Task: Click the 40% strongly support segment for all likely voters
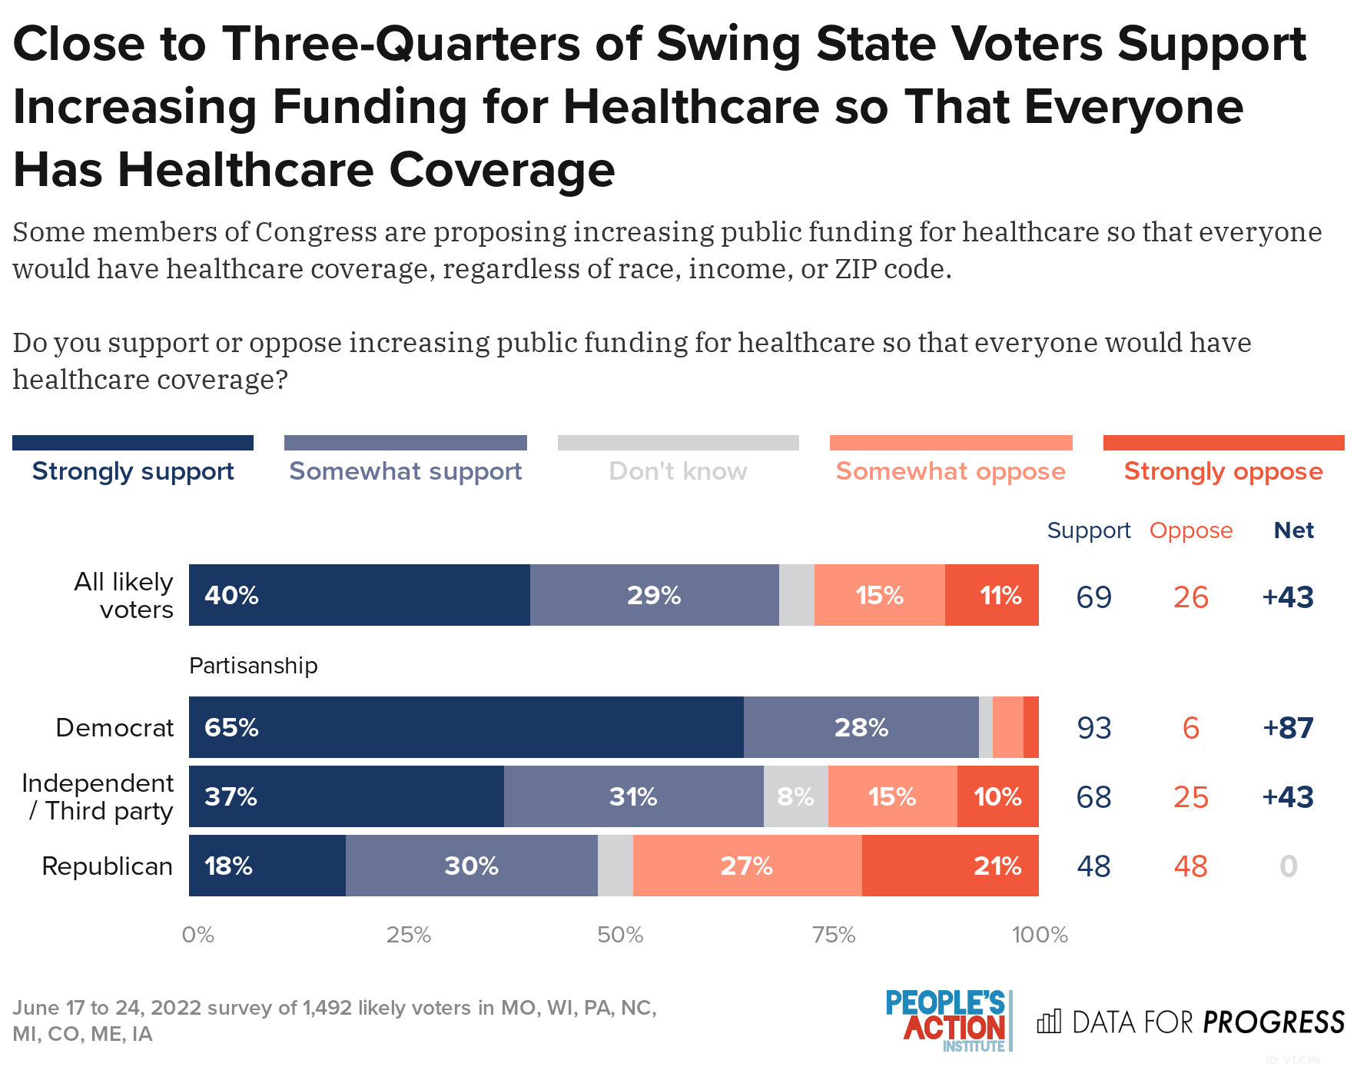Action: [x=359, y=595]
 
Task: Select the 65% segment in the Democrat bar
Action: [x=466, y=727]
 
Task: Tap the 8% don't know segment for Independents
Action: [x=795, y=796]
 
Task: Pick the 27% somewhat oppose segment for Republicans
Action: [x=747, y=866]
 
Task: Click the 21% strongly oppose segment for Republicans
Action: [x=950, y=866]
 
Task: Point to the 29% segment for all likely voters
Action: [x=654, y=595]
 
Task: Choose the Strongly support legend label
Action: [x=133, y=470]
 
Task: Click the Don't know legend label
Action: [x=678, y=470]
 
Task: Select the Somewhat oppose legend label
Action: [x=951, y=470]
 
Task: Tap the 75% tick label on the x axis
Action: [x=834, y=935]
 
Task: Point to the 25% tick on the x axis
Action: [x=408, y=935]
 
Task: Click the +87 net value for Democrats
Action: [x=1288, y=727]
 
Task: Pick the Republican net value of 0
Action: [x=1289, y=866]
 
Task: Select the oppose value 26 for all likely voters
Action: [x=1190, y=597]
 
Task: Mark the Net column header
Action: [x=1293, y=530]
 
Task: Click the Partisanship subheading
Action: [x=253, y=665]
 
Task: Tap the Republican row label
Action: [x=107, y=866]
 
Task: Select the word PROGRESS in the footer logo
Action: [x=1273, y=1022]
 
